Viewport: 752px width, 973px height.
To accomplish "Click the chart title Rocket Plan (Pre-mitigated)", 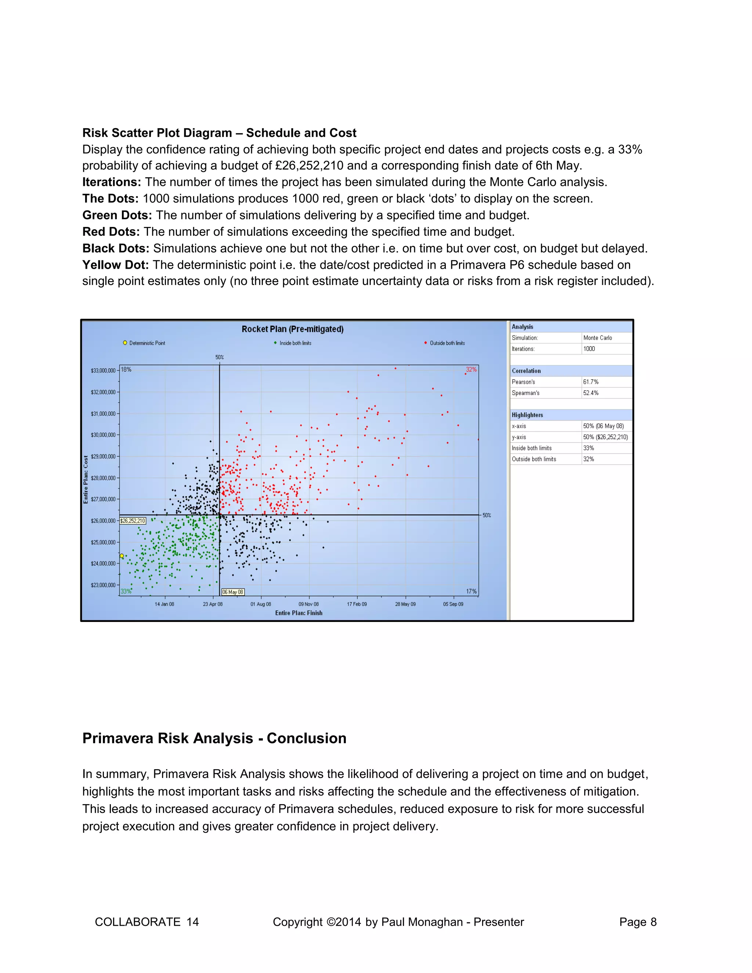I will [x=292, y=329].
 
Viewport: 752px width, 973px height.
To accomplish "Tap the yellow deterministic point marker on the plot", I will [x=122, y=556].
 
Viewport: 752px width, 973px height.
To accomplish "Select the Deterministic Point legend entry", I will [x=144, y=343].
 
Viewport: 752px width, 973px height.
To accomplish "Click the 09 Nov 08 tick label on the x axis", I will [x=308, y=604].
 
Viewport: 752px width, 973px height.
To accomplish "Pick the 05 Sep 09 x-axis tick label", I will [x=453, y=604].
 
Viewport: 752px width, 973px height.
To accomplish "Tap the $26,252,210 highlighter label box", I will [x=133, y=521].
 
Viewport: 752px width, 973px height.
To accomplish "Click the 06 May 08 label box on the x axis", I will [x=232, y=592].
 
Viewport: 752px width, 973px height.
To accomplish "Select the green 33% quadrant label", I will [x=126, y=591].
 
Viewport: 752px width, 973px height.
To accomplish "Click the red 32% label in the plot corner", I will [x=471, y=370].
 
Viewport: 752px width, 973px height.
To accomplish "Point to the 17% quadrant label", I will [x=471, y=591].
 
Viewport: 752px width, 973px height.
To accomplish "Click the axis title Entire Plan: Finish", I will [x=299, y=613].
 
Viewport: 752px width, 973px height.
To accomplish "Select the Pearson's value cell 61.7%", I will [x=591, y=382].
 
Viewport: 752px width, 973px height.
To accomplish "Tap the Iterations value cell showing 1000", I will [x=589, y=349].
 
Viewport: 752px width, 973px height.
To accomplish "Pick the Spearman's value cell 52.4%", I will [x=591, y=393].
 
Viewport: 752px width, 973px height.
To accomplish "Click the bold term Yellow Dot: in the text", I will [x=115, y=265].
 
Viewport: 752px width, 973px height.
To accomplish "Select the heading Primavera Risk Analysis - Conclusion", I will [x=214, y=738].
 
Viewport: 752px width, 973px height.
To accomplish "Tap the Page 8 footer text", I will [x=637, y=922].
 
